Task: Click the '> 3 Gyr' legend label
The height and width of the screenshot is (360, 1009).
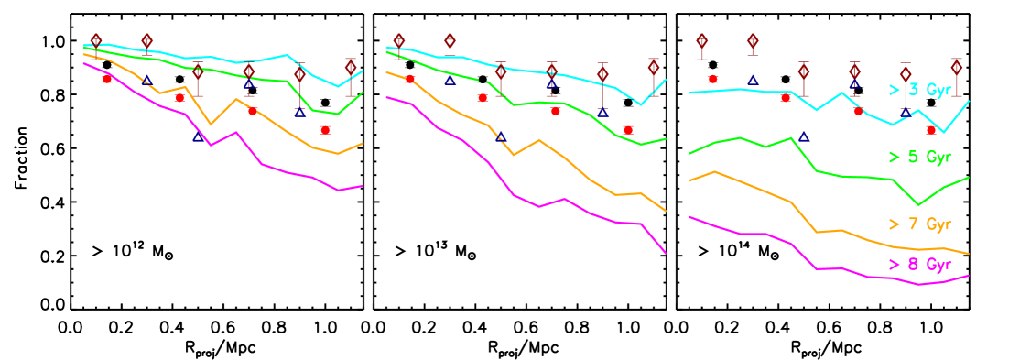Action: tap(919, 90)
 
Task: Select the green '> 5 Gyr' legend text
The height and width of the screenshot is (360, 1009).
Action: tap(919, 157)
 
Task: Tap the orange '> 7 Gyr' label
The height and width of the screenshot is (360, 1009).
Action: tap(919, 224)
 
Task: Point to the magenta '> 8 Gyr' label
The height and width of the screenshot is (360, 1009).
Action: tap(919, 265)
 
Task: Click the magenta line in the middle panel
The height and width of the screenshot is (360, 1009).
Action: tap(513, 194)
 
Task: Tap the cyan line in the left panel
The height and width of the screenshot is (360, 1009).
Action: tap(211, 57)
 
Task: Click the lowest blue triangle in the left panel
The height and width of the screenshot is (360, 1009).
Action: tap(198, 137)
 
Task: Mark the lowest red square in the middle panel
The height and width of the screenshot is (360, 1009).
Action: tap(628, 130)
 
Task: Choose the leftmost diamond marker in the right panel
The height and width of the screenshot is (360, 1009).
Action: tap(701, 40)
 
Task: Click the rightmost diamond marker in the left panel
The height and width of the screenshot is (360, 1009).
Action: tap(351, 66)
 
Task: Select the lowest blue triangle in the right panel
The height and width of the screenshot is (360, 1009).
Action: tap(803, 137)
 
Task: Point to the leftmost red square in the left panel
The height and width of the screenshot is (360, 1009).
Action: tap(107, 79)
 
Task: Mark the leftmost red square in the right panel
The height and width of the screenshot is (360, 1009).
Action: tap(712, 79)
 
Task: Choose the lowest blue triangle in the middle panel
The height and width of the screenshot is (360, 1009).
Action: tap(501, 137)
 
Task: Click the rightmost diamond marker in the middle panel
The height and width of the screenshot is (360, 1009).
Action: tap(654, 66)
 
